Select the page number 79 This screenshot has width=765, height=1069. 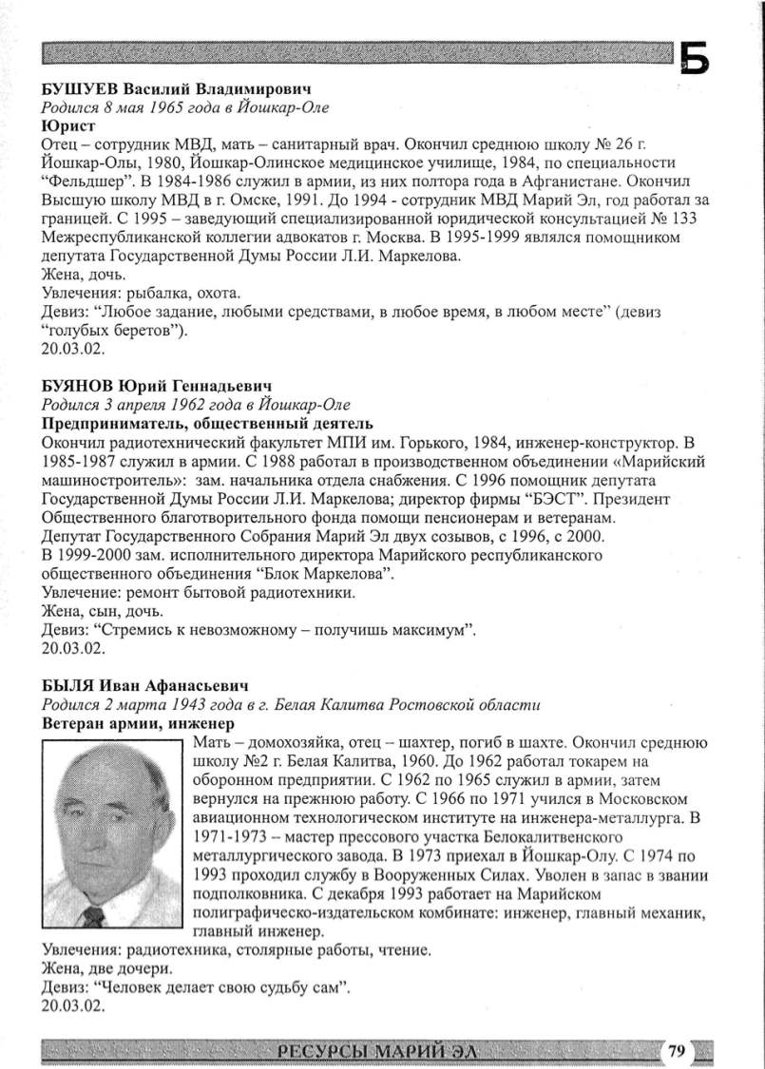676,1050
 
